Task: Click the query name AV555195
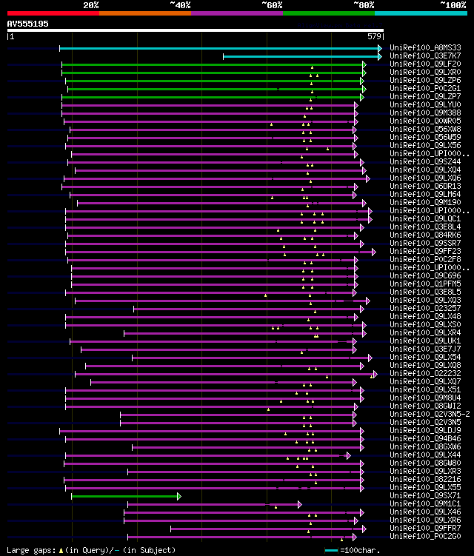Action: click(28, 24)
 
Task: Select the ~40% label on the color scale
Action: click(180, 4)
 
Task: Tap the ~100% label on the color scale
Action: click(453, 4)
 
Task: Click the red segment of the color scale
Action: click(52, 13)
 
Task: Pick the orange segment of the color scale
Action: click(144, 13)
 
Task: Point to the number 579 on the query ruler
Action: click(374, 36)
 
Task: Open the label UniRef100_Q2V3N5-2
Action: click(429, 414)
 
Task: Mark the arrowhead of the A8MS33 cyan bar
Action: click(379, 48)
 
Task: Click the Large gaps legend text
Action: click(89, 550)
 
